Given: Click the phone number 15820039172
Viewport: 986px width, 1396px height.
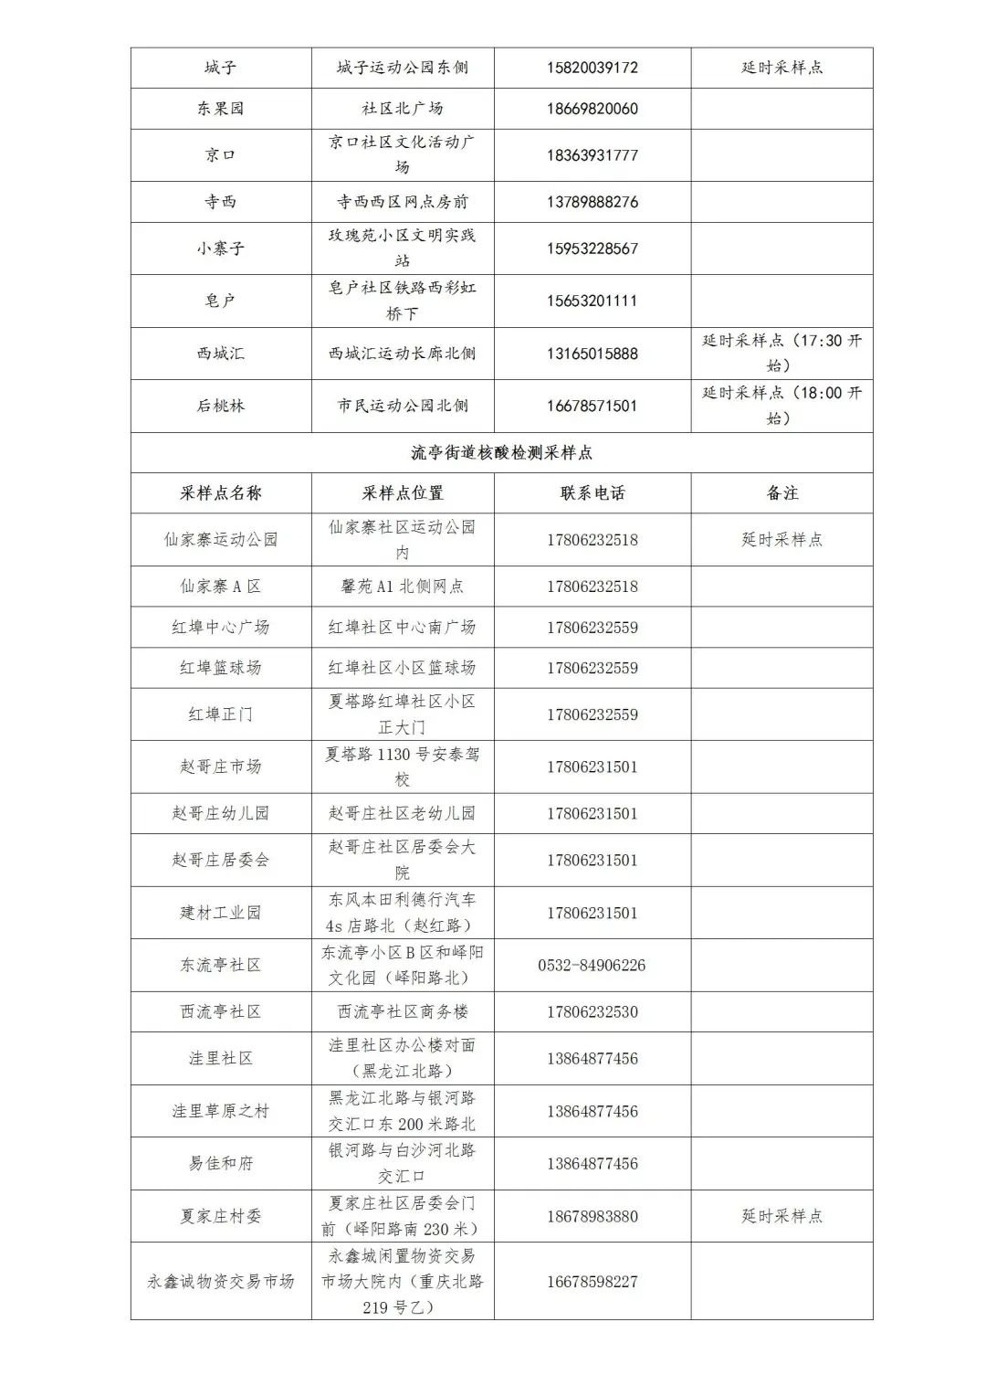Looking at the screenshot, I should coord(592,68).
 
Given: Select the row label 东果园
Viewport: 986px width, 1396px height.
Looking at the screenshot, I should coord(220,109).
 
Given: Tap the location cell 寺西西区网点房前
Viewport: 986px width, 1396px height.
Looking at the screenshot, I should coord(402,202).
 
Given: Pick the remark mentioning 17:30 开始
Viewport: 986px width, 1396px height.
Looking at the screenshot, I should coord(781,353).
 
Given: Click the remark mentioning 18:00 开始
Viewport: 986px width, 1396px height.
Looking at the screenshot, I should coord(781,406).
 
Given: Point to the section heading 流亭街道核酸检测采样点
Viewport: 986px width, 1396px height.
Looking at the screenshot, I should coord(501,452).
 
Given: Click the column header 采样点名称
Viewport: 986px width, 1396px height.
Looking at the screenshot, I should coord(220,493).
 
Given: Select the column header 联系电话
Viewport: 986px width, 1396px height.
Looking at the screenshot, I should coord(592,493).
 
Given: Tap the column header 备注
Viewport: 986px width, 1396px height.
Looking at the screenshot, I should coord(781,493).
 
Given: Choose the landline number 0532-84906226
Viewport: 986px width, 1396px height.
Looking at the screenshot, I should coord(592,965).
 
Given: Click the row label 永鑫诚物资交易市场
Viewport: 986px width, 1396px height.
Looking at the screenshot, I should coord(220,1281).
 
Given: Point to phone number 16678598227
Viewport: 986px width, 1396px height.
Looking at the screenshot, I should coord(592,1281).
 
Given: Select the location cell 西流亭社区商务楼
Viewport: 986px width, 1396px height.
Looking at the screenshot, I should coord(402,1012).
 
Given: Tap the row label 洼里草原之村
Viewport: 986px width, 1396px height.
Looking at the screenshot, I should coord(220,1111).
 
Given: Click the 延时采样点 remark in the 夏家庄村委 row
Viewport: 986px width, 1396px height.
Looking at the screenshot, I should coord(781,1216).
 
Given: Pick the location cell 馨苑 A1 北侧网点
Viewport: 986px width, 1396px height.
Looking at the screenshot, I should coord(402,587).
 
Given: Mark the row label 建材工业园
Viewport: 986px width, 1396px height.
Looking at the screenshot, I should coord(220,913).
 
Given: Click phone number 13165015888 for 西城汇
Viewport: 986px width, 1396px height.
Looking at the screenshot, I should coord(592,354).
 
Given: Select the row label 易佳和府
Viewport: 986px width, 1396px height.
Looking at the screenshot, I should coord(220,1163).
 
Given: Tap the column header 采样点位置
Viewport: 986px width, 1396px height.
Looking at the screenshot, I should coord(402,493).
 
